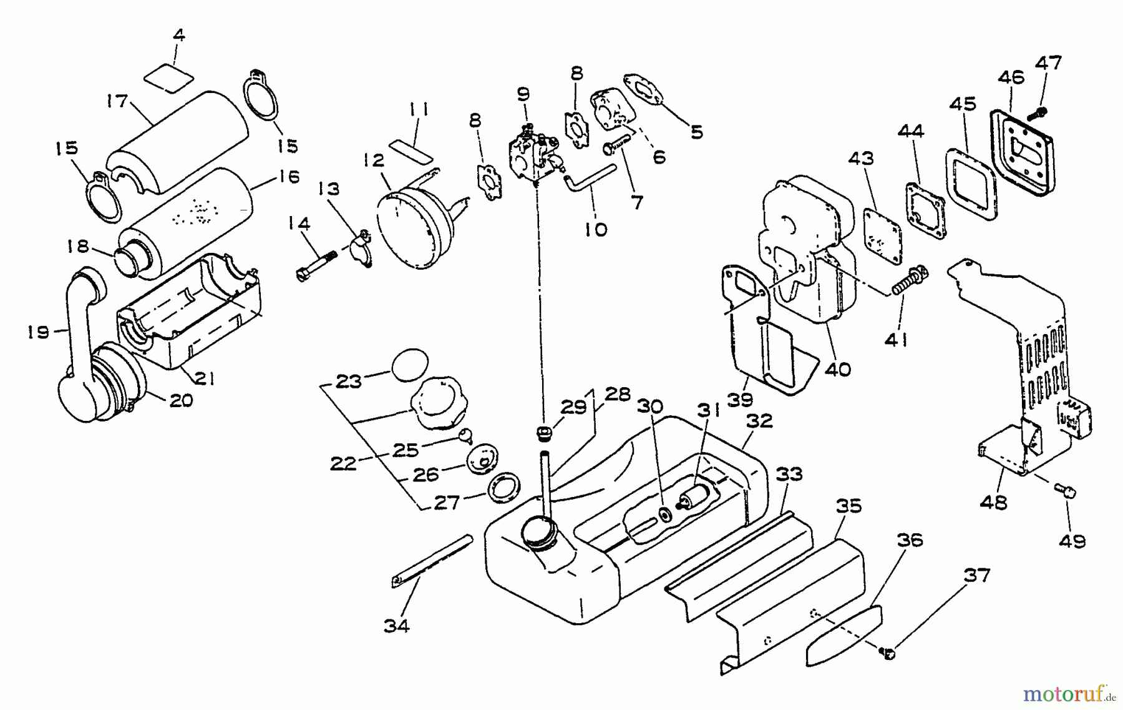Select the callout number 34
[x=396, y=625]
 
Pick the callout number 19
[x=38, y=332]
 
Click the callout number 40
[x=837, y=370]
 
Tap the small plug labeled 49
[x=1067, y=493]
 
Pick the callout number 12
[x=374, y=160]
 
